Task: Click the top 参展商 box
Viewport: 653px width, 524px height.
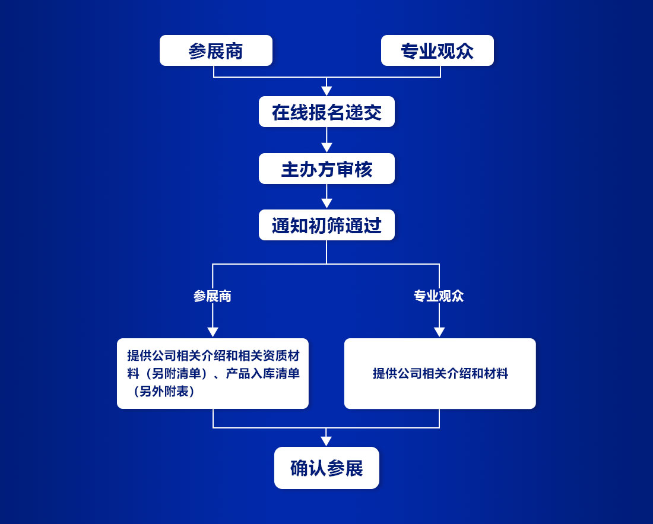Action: click(215, 50)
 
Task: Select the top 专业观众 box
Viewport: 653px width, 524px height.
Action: click(437, 50)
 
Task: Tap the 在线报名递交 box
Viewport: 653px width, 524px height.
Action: click(326, 112)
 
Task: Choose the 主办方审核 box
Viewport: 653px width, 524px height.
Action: click(326, 169)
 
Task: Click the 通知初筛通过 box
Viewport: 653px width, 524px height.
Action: click(326, 225)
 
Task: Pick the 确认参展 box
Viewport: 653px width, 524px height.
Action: click(326, 468)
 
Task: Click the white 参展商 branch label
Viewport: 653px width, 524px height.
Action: click(213, 296)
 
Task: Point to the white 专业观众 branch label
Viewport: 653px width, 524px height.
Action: click(439, 296)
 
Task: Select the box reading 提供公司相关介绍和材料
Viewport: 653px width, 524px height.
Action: click(440, 373)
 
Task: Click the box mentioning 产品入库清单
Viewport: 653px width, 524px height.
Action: click(213, 373)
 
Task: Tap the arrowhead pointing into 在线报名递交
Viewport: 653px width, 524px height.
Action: click(326, 91)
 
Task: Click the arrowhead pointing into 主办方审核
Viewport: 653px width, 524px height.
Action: click(326, 148)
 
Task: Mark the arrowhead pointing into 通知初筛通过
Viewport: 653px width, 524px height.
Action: click(326, 204)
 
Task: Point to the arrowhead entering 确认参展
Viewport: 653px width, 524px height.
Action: click(326, 441)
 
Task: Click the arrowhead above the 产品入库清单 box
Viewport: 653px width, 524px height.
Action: click(213, 332)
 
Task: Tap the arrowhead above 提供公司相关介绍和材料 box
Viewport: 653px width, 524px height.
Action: click(439, 332)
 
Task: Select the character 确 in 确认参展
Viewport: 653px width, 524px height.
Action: click(299, 468)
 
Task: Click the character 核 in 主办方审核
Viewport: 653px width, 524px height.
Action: click(363, 169)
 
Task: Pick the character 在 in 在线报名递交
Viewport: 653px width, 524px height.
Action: click(281, 112)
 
